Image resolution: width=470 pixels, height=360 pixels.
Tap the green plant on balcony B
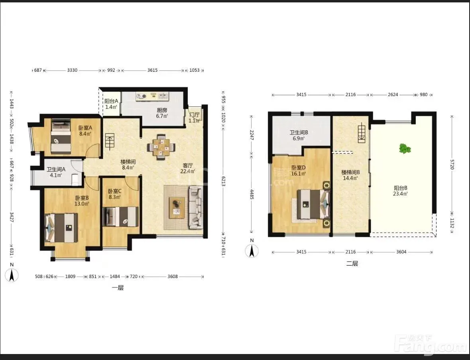coord(405,149)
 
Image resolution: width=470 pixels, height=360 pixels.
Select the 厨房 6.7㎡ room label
coord(162,113)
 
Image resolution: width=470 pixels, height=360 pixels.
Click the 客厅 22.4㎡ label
coord(188,169)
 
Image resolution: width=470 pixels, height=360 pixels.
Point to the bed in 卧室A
coord(61,136)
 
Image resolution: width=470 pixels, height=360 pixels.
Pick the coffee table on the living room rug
coord(177,207)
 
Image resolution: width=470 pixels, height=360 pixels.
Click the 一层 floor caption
coord(118,288)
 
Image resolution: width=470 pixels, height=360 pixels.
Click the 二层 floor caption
coord(352,264)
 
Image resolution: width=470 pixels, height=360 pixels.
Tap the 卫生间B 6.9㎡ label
coord(299,135)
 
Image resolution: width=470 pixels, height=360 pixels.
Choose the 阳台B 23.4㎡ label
coord(401,191)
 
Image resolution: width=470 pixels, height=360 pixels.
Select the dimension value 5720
coord(452,164)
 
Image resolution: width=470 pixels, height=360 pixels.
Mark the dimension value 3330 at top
coord(72,70)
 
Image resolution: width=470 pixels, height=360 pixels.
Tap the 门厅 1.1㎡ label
coord(195,118)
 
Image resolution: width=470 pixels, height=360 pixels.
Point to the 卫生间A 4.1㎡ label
coord(56,172)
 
